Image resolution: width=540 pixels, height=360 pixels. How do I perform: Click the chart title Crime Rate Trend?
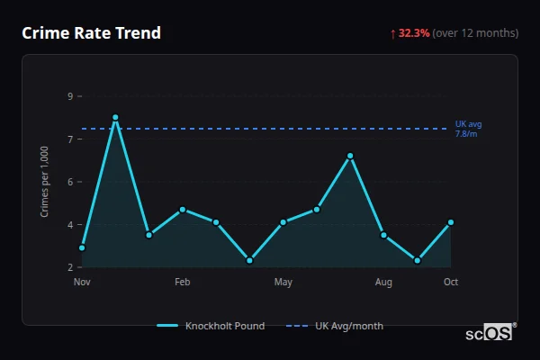[91, 33]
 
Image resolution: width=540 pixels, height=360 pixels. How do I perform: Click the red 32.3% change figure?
[414, 33]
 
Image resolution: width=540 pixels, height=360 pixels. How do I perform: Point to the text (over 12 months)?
[475, 33]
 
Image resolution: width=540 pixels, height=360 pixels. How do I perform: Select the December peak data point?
[115, 117]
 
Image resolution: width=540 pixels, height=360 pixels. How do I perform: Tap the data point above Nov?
[82, 247]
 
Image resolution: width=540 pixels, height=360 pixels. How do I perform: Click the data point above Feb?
[183, 210]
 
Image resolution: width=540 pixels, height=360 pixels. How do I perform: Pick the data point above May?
[283, 221]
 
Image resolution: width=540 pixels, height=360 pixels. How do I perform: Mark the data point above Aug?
[383, 235]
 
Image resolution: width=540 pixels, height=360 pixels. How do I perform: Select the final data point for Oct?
[451, 222]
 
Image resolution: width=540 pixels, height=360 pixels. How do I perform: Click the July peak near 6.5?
[350, 156]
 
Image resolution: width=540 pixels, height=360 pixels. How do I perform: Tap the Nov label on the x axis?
[82, 283]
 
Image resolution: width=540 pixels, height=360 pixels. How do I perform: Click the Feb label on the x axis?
[183, 283]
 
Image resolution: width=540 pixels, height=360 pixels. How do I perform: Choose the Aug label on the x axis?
[383, 283]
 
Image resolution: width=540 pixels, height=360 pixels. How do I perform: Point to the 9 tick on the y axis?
[70, 96]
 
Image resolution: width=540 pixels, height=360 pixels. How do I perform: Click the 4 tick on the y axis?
[70, 225]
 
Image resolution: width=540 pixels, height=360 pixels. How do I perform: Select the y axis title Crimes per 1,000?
[44, 182]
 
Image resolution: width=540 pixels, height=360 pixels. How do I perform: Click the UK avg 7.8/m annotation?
[467, 129]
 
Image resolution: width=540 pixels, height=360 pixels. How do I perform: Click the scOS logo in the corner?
[490, 333]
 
